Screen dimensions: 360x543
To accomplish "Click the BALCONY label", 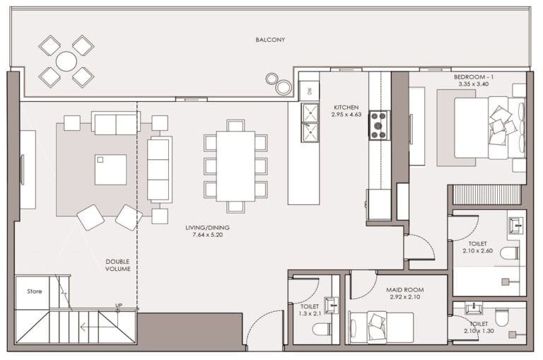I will [x=270, y=40].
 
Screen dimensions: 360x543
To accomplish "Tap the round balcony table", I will [x=66, y=61].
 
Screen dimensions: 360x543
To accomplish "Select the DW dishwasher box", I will [x=308, y=90].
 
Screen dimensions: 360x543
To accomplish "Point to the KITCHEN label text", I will [x=346, y=108].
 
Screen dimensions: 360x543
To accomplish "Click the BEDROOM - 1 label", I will [x=473, y=76].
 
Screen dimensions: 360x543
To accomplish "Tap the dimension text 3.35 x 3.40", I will [x=473, y=83].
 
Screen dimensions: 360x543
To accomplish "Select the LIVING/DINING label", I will [x=207, y=228].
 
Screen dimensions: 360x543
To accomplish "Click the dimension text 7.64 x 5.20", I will [x=207, y=236].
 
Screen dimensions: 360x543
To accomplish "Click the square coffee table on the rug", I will [x=110, y=169].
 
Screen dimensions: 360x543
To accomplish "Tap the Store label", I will [x=34, y=291].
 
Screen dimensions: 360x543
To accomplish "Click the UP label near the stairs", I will [x=119, y=306].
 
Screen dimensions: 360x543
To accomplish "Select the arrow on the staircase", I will [x=92, y=327].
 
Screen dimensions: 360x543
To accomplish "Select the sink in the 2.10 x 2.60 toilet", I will [x=515, y=224].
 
